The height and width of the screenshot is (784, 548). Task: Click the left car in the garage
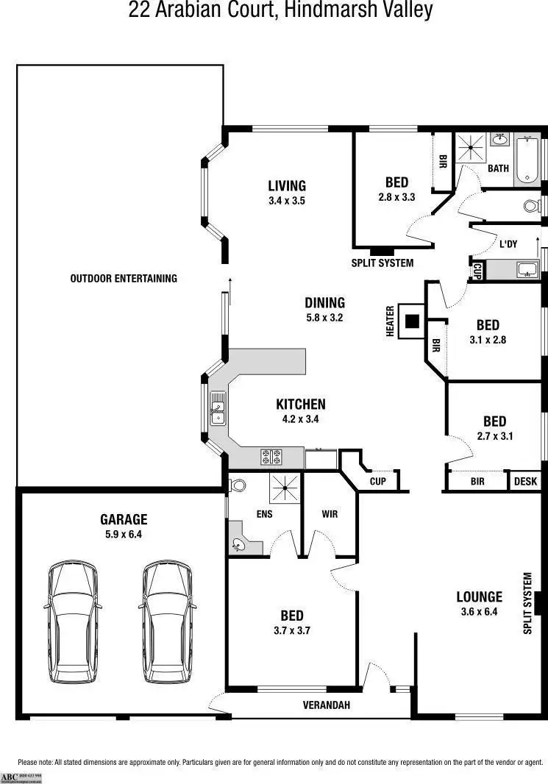click(71, 621)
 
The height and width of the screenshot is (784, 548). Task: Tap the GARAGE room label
click(124, 519)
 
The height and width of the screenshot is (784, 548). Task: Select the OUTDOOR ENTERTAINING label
click(124, 278)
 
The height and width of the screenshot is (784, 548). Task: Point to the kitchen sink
click(218, 409)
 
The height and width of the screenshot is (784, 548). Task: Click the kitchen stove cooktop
click(271, 457)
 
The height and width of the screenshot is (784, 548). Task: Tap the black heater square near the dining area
click(413, 321)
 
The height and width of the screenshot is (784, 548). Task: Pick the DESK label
click(525, 482)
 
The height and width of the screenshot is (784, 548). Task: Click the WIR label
click(330, 514)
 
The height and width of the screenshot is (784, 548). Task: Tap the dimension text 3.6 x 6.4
click(479, 611)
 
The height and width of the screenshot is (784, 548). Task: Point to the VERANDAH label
click(327, 705)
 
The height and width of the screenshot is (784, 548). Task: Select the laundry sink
click(527, 270)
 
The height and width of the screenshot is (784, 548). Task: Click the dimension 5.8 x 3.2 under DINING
click(324, 318)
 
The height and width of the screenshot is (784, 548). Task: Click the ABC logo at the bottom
click(9, 777)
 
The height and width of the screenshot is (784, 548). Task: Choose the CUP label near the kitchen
click(377, 482)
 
